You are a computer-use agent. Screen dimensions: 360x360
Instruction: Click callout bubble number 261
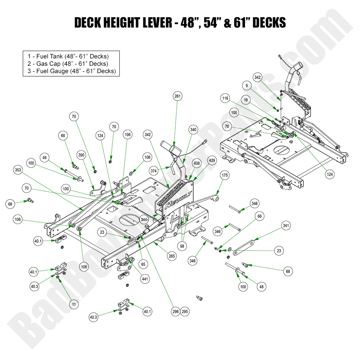(177, 96)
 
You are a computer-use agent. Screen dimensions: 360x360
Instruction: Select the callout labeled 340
(194, 129)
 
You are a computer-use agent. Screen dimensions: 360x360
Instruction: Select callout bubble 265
(172, 256)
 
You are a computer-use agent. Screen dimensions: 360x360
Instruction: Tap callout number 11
(74, 305)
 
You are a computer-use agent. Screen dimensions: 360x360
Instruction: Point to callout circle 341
(287, 225)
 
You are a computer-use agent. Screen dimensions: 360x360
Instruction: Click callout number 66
(259, 217)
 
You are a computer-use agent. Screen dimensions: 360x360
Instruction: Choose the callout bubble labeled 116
(225, 98)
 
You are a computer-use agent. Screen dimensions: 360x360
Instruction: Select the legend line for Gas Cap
(68, 64)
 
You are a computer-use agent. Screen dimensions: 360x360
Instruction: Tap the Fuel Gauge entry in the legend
(71, 71)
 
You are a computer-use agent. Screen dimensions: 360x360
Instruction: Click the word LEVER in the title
(152, 23)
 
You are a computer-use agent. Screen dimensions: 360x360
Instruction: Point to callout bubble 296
(176, 312)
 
